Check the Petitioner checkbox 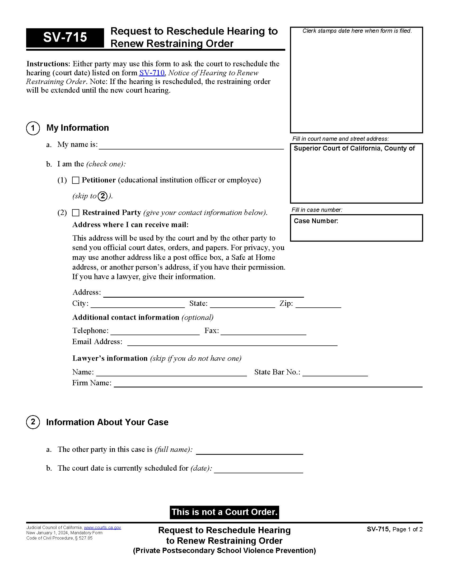(x=76, y=180)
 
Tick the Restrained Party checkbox (x=76, y=213)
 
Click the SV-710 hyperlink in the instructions (x=152, y=73)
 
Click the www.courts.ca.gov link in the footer (x=102, y=528)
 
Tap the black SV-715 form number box (x=65, y=38)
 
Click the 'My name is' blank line (x=191, y=146)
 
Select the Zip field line (x=318, y=304)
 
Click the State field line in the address (x=242, y=304)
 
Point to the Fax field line (x=263, y=332)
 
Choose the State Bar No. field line (x=335, y=373)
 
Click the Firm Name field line (x=268, y=384)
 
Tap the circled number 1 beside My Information (x=33, y=128)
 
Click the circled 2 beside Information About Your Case (x=33, y=422)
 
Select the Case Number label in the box (x=316, y=221)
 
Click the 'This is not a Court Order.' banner (x=224, y=512)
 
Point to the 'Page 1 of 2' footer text (x=407, y=530)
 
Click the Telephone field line (x=155, y=332)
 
